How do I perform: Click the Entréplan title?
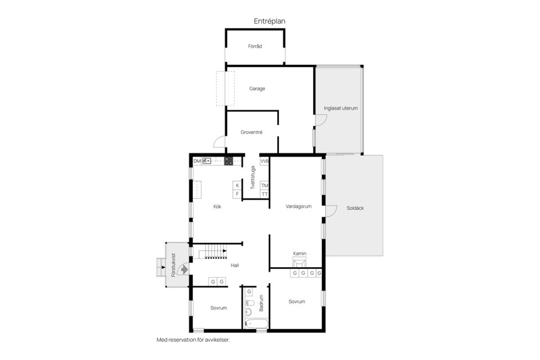coord(269,21)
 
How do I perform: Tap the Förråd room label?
coord(255,46)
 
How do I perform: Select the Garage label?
coord(257,88)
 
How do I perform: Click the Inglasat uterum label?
coord(341,108)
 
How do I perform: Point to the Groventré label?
coord(251,132)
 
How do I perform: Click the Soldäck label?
coord(355,208)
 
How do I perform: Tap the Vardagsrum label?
coord(299,206)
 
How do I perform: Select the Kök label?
coord(217,206)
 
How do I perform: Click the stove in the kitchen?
coord(229,161)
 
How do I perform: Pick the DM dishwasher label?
coord(197,161)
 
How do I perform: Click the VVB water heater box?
coord(264,161)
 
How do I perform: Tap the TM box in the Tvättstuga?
coord(264,186)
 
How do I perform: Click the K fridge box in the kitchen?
coord(237,186)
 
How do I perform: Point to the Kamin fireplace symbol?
coord(299,263)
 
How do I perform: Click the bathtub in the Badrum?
coord(256,324)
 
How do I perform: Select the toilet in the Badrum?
coord(250,304)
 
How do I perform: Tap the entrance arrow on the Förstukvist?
coord(184,269)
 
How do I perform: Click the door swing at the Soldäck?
coord(331,211)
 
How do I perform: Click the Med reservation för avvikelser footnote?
coord(193,340)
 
